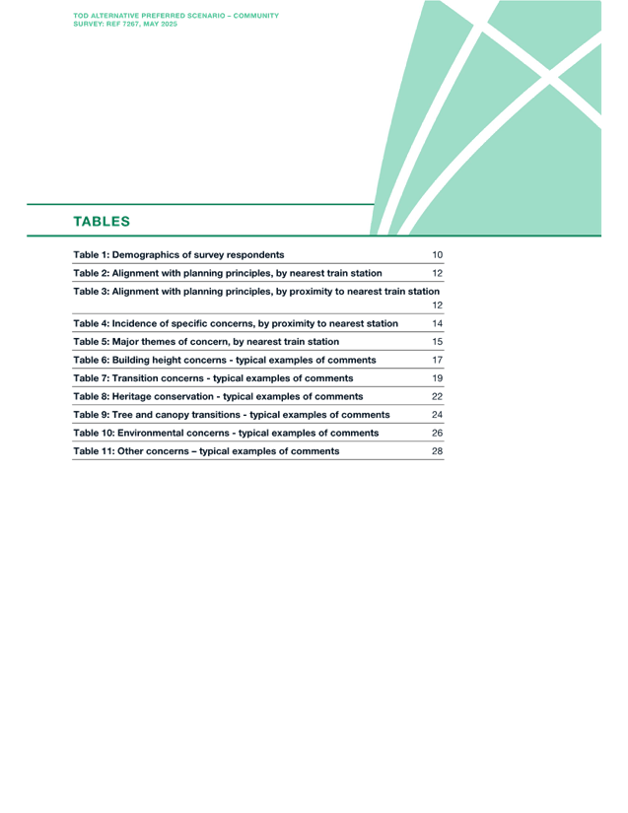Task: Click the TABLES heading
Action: click(x=102, y=222)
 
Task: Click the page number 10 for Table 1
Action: click(x=437, y=254)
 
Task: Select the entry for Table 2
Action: click(x=228, y=273)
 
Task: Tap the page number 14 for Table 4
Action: click(x=437, y=323)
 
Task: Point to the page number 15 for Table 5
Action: click(x=437, y=342)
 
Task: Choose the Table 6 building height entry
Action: click(x=225, y=360)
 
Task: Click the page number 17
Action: click(x=437, y=360)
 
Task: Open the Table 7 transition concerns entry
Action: click(x=213, y=378)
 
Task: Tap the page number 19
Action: click(x=437, y=378)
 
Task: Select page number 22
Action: click(x=437, y=397)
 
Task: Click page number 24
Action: click(x=437, y=415)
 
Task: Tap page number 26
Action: click(x=437, y=433)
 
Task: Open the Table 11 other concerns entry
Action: click(x=206, y=451)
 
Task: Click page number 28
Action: click(x=437, y=451)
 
